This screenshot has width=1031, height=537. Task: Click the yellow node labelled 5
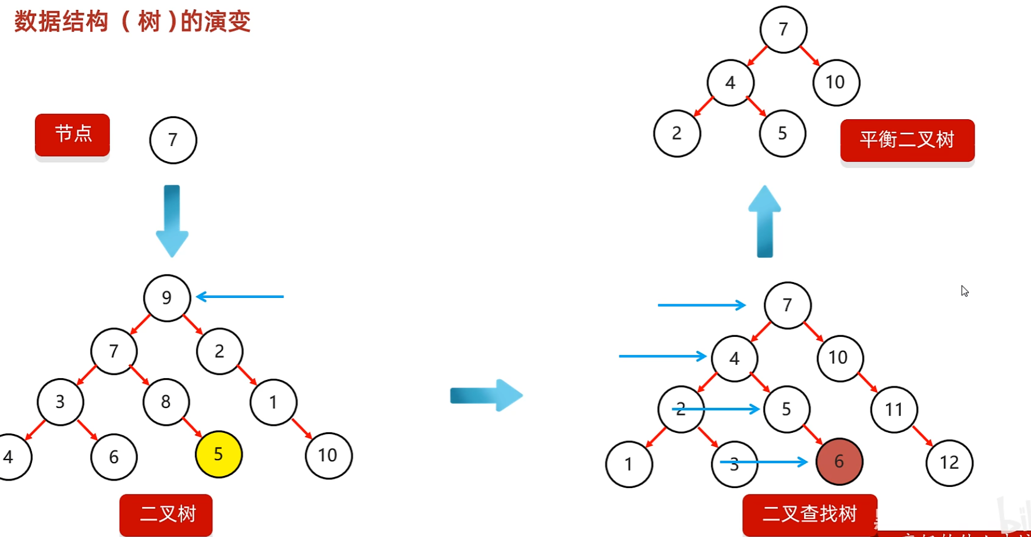[218, 454]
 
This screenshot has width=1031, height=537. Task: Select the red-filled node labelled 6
[839, 461]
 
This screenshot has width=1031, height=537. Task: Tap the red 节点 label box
[72, 134]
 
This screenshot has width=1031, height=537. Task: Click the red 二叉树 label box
[166, 514]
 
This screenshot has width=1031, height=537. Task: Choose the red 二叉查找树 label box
[809, 514]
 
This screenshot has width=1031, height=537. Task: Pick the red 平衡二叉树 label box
[907, 140]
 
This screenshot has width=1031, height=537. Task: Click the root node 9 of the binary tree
[167, 298]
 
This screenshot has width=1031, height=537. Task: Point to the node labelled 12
[949, 463]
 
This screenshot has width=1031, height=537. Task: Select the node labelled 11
[894, 410]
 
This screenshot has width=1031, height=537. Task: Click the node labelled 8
[166, 401]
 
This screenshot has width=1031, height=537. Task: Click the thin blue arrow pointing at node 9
[240, 297]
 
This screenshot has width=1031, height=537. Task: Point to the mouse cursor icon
[965, 291]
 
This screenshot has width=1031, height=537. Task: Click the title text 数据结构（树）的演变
[132, 22]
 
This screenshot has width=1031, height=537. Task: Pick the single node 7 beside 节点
[173, 140]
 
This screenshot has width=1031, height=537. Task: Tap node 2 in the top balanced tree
[676, 134]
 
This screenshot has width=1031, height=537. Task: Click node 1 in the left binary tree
[273, 402]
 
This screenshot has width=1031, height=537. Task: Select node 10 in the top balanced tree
[835, 83]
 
